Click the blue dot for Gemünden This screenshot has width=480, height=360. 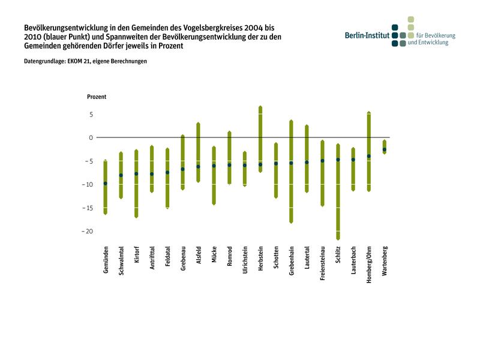[106, 183]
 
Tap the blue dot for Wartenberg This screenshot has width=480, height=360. [385, 149]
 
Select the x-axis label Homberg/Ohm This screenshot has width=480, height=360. [369, 265]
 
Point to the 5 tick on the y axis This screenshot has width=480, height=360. [91, 114]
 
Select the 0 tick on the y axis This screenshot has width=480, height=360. [91, 137]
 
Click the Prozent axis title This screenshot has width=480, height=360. [97, 97]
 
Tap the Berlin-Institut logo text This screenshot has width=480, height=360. [367, 35]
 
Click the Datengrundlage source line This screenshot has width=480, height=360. [85, 61]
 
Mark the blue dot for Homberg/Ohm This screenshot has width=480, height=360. [369, 156]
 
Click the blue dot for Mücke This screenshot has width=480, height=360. [214, 166]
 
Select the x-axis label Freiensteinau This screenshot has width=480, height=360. [323, 263]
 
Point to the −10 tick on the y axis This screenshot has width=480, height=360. [87, 184]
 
